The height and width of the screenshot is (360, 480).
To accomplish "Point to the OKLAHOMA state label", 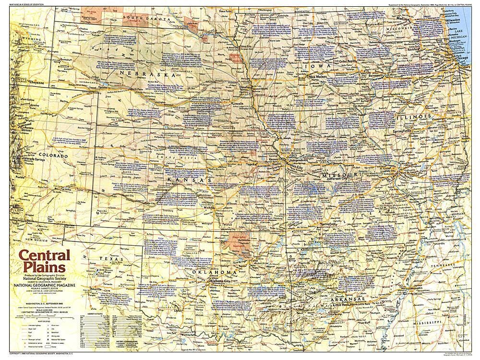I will click(216, 272).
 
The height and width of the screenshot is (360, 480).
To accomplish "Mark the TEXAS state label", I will click(108, 259).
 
